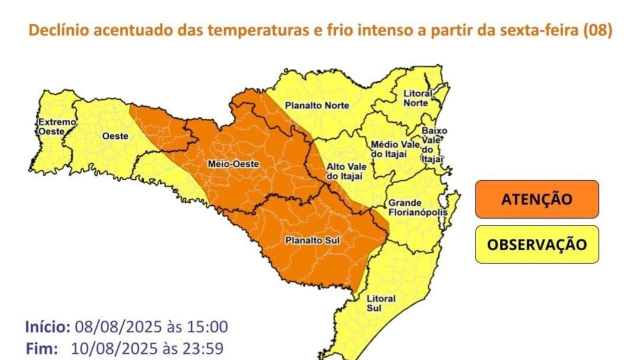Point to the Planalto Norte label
[317, 105]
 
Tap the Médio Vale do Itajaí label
[392, 149]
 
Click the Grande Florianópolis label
[416, 207]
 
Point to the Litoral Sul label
[381, 303]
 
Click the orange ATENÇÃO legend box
[536, 199]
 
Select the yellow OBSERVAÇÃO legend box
[536, 244]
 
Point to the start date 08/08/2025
[118, 327]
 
